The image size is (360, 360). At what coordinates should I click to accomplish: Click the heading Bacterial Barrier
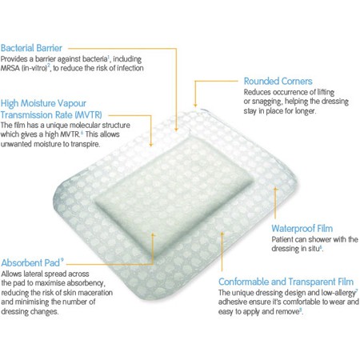click(31, 48)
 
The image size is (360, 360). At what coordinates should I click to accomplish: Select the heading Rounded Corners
click(278, 81)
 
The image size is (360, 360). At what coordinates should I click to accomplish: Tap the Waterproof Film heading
click(302, 229)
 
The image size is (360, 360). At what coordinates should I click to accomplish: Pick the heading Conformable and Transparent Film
click(286, 282)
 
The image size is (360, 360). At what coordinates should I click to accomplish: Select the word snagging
click(268, 102)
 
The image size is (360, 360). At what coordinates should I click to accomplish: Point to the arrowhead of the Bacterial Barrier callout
click(176, 130)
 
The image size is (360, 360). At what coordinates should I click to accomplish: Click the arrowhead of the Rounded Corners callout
click(195, 105)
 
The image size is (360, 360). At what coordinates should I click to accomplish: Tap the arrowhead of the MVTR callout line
click(151, 144)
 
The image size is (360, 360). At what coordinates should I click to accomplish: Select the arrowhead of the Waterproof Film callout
click(275, 189)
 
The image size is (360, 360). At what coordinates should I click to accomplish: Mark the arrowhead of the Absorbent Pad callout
click(153, 235)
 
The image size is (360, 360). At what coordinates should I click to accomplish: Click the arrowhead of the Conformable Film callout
click(222, 234)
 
